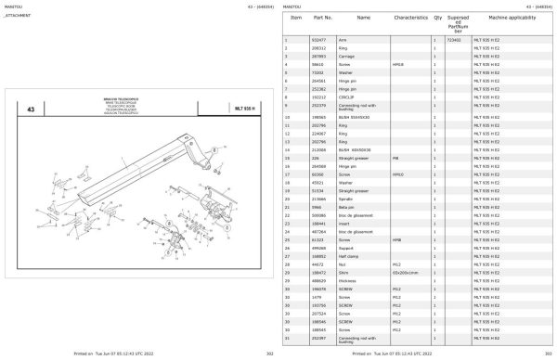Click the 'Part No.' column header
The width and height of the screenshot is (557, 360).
[323, 18]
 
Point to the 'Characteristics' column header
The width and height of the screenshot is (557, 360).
[409, 18]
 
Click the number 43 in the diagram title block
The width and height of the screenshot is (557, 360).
[32, 109]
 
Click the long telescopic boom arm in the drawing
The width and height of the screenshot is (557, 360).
[121, 167]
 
